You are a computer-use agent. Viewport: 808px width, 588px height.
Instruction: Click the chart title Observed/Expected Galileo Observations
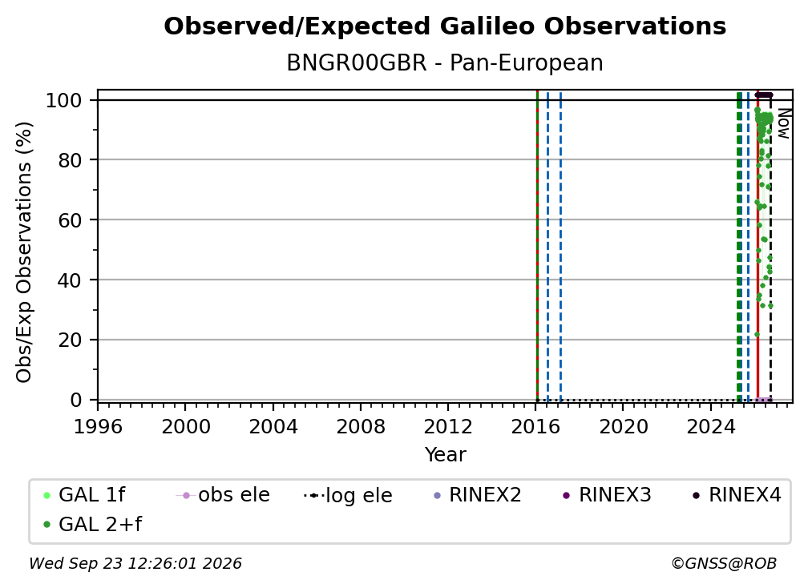445,26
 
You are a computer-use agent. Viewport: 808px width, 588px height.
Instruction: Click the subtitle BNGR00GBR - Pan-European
445,63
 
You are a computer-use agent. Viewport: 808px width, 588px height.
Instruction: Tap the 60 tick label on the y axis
70,220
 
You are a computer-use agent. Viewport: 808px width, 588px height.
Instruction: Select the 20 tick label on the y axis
70,340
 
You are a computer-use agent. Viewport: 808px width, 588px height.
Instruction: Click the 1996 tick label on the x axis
98,427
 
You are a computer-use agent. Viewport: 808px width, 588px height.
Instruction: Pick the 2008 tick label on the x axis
361,427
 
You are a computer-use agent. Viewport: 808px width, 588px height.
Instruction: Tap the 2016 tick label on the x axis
535,427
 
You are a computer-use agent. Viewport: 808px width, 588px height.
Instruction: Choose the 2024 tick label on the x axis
710,427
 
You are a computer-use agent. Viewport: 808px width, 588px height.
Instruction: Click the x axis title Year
445,455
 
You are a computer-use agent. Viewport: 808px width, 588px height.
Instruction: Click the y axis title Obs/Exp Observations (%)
24,252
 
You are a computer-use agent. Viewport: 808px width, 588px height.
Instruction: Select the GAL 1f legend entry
84,495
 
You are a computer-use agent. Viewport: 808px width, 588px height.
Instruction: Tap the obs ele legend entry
223,495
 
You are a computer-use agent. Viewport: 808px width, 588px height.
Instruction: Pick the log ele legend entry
349,496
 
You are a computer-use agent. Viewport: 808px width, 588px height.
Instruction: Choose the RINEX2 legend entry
478,495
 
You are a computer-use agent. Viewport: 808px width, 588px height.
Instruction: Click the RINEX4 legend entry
737,495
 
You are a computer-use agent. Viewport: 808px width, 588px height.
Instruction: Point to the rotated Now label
783,123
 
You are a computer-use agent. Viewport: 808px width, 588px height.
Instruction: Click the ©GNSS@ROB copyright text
724,564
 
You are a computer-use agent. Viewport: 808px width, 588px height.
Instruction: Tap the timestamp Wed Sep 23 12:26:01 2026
135,564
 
